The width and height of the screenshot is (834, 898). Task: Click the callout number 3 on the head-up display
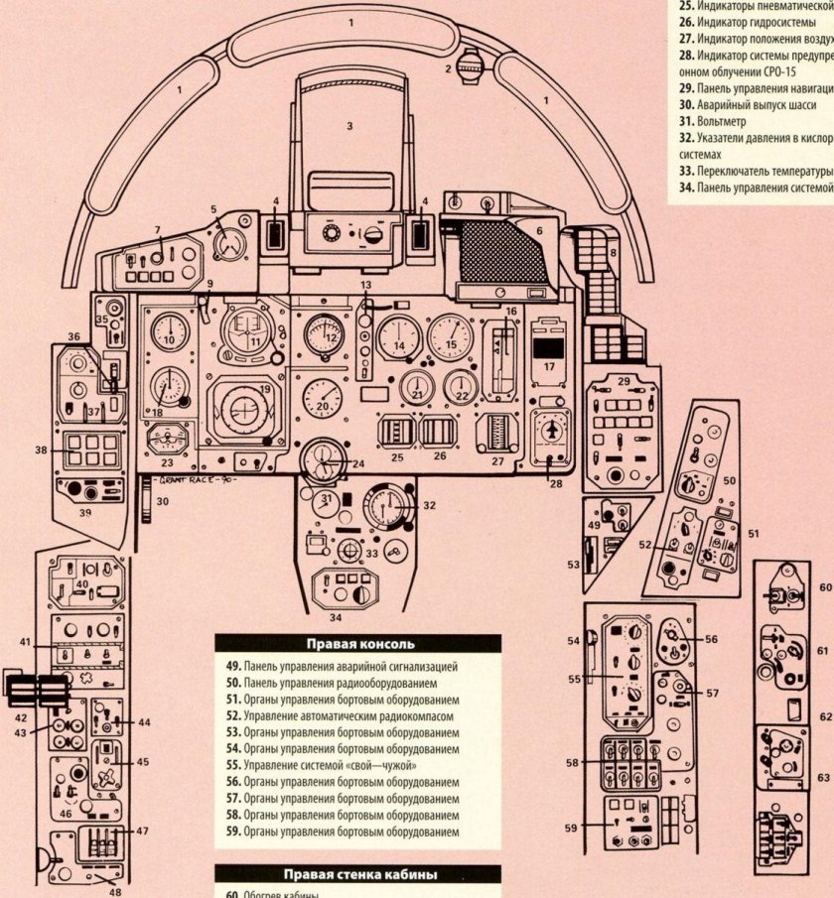348,126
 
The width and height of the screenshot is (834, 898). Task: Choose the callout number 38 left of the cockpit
42,449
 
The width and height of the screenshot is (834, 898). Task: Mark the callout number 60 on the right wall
824,587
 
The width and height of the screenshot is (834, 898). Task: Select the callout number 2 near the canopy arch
448,68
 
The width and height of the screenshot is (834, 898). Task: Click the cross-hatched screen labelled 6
502,252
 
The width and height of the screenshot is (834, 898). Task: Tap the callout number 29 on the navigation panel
624,381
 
